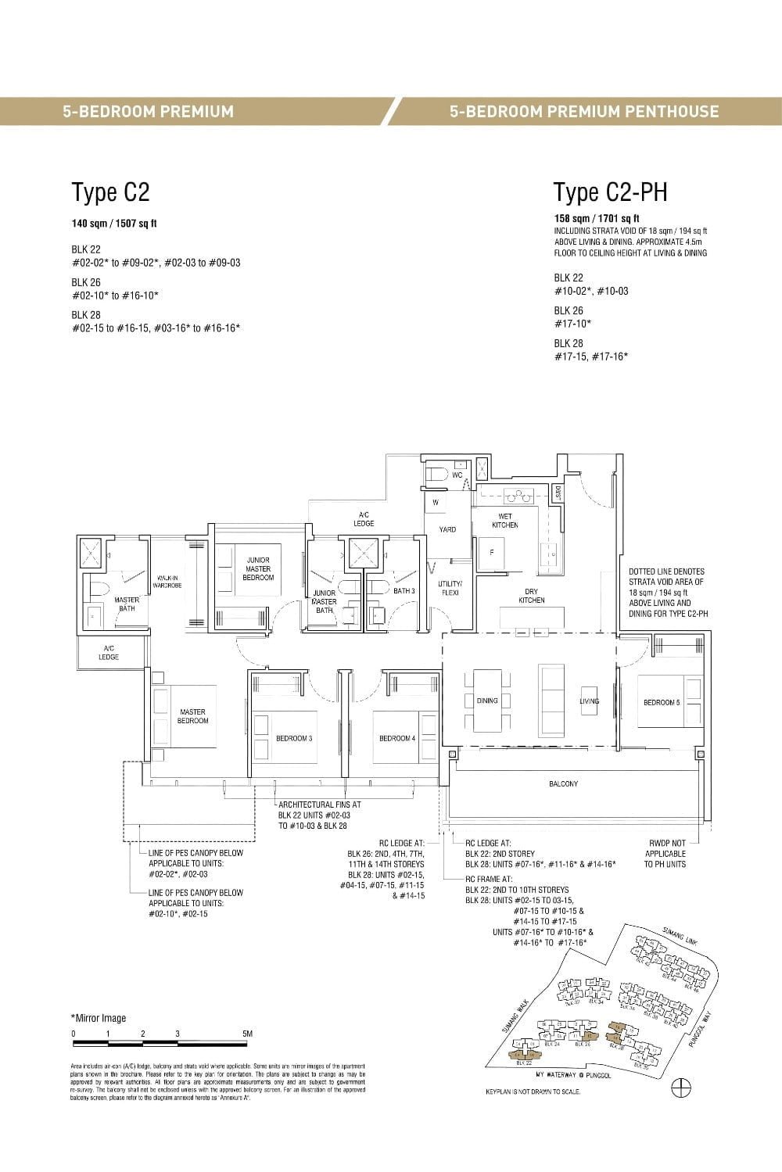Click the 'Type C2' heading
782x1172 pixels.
(110, 192)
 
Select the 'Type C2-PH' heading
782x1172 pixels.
(610, 192)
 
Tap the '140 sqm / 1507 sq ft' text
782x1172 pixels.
(114, 224)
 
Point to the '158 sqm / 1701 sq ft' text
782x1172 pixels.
(597, 218)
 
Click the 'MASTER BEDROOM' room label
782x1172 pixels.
(192, 716)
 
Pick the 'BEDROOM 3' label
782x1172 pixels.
(294, 738)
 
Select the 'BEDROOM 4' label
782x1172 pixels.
(397, 738)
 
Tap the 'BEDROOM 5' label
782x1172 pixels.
(662, 702)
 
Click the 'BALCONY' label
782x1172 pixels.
(563, 783)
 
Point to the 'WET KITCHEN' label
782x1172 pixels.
(505, 521)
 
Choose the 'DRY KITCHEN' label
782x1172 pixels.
(531, 596)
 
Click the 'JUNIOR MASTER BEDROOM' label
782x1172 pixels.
(258, 568)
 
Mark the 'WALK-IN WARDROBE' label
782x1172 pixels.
(170, 582)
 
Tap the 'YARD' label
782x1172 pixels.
(447, 529)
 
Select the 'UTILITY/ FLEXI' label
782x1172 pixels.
(450, 588)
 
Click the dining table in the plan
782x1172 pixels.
(487, 700)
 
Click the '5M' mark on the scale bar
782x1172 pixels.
(247, 1034)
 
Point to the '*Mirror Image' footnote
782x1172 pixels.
(98, 1018)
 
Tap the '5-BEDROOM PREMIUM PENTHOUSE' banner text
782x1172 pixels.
(584, 111)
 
